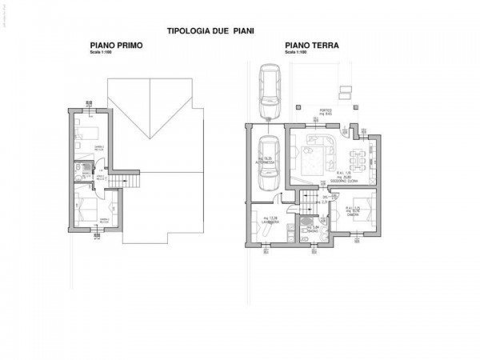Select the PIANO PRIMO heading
(x=115, y=46)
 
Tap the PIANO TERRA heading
(x=311, y=46)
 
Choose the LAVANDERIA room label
(x=271, y=222)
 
